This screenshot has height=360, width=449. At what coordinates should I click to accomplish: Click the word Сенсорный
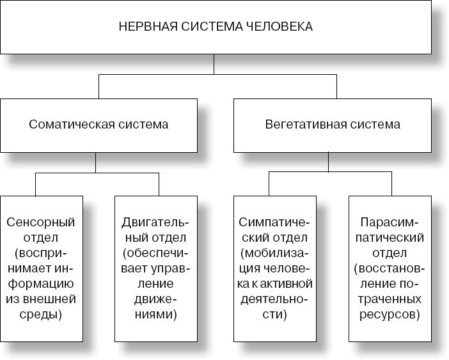coord(41,222)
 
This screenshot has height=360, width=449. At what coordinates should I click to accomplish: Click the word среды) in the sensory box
coord(41,315)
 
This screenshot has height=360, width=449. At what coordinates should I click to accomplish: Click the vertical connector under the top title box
coord(214,65)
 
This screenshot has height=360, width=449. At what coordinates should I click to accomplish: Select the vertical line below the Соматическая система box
coord(96,163)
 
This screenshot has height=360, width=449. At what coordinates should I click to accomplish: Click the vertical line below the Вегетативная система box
coord(328,162)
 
